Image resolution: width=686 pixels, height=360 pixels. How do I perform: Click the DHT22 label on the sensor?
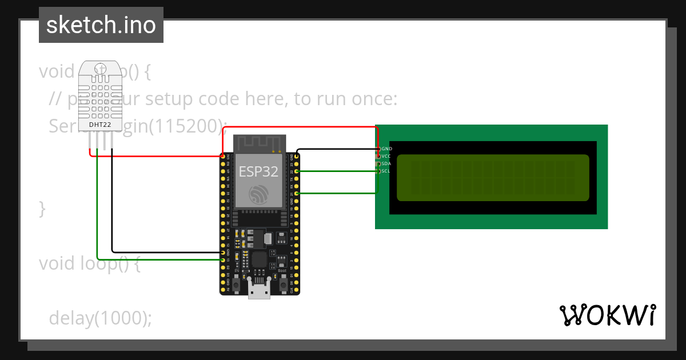[101, 124]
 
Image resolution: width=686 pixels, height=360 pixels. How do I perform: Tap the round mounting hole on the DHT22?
[101, 69]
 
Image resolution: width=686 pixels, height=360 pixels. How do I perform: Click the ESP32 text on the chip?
[258, 171]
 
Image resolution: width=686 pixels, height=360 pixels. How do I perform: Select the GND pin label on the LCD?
[386, 149]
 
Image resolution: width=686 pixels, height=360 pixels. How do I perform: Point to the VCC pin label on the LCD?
[386, 156]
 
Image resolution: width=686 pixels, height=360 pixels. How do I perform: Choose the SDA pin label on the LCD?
[386, 163]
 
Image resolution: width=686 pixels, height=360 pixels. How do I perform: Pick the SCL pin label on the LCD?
[386, 171]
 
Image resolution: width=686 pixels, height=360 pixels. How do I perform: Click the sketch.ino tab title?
[101, 25]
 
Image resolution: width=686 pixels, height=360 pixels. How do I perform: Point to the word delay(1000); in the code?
[101, 318]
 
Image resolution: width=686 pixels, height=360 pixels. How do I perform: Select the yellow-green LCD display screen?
[492, 178]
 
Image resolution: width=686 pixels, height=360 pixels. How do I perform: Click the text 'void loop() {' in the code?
[89, 263]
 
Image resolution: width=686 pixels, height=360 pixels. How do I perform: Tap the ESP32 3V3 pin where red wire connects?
[223, 155]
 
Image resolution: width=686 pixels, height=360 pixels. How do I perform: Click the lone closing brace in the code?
[42, 209]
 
